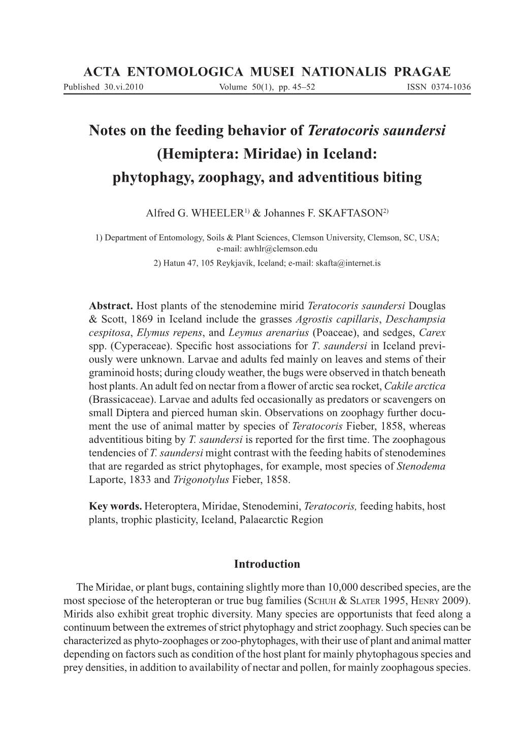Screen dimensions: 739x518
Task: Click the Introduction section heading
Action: (267, 564)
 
